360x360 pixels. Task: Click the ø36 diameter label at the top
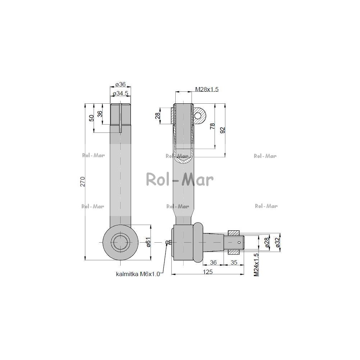121,84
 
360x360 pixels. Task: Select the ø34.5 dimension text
120,93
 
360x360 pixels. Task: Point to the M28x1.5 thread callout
207,89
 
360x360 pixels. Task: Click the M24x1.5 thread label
256,265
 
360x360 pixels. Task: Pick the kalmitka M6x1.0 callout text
138,274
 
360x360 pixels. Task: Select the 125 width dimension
208,272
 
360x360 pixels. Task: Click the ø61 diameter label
148,242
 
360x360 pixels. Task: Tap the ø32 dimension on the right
278,242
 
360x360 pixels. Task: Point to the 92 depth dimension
222,130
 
